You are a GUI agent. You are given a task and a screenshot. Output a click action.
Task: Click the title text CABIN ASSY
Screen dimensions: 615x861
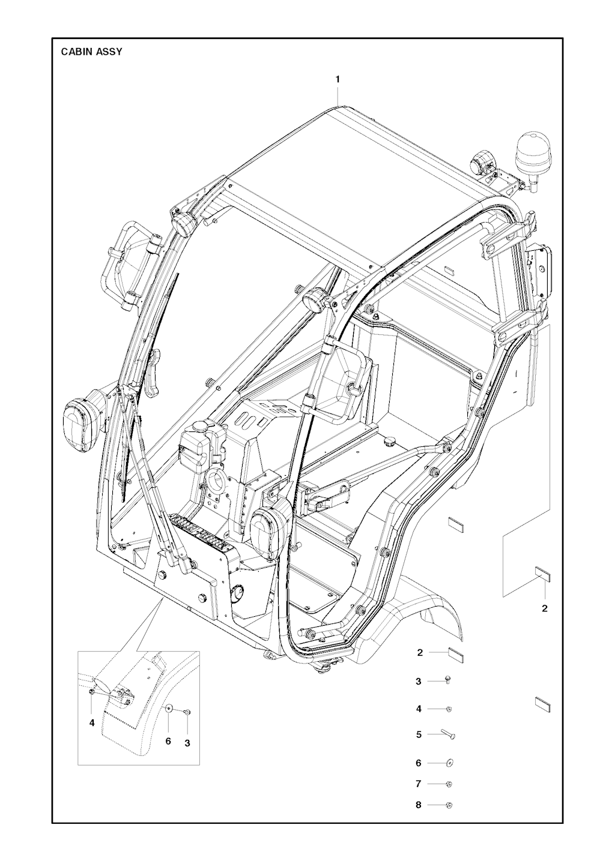point(92,52)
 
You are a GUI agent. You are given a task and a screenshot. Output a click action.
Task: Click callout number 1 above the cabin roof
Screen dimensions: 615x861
point(338,80)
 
